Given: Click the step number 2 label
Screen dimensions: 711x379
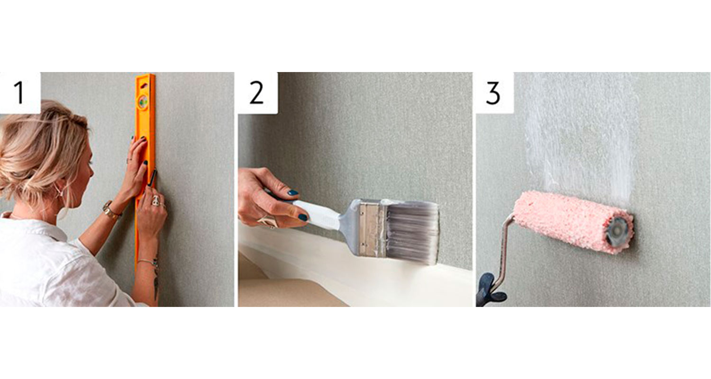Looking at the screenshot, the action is point(256,92).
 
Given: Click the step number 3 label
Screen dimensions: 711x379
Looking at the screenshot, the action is point(493,93).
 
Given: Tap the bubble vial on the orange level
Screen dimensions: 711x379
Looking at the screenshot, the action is point(143,102).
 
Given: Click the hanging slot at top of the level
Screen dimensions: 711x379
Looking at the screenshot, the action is point(143,85).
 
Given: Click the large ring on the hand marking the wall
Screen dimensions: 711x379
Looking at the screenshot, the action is point(156,200).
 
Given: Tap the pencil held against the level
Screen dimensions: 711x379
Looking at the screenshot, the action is point(153,179).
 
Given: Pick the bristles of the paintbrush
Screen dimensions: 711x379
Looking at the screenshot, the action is point(413,232).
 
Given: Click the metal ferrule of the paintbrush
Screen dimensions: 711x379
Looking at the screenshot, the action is point(371,227).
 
